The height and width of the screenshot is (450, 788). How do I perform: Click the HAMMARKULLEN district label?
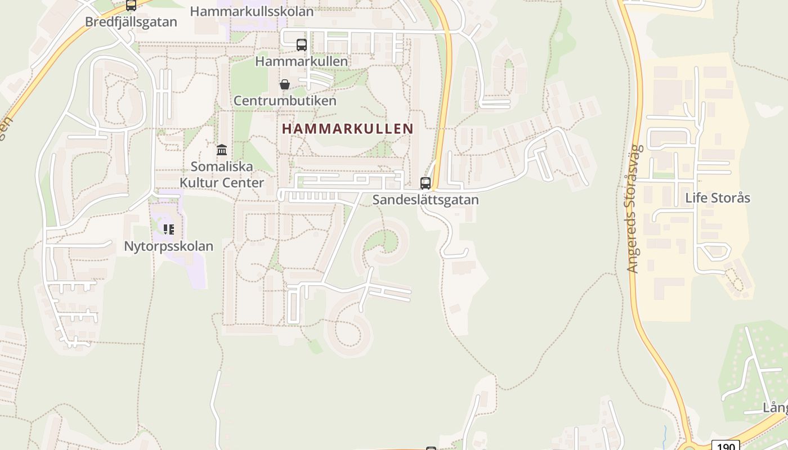click(347, 129)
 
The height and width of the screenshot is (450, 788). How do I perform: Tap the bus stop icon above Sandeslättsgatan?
click(426, 183)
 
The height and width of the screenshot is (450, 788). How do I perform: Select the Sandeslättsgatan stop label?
click(426, 200)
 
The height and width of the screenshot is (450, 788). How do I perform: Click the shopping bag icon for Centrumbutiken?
click(285, 84)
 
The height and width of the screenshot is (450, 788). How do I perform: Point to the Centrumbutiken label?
click(285, 101)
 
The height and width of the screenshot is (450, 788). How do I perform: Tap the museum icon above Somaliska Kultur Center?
click(222, 150)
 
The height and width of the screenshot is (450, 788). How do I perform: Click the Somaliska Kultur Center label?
click(221, 174)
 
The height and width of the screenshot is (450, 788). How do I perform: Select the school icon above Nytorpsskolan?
click(169, 229)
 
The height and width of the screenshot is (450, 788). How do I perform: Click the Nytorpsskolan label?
click(169, 246)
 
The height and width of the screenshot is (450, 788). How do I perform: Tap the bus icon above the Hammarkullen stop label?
click(302, 44)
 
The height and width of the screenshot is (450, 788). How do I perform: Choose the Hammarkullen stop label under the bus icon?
click(302, 61)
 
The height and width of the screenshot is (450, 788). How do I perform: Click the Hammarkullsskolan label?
click(252, 11)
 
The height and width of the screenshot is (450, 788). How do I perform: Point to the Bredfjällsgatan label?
click(131, 22)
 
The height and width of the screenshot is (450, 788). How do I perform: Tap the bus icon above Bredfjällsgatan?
click(131, 6)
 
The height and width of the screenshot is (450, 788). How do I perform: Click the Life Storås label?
click(718, 198)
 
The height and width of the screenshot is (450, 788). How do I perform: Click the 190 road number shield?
click(726, 445)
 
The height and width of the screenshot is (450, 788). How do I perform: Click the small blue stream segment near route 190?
click(665, 433)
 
